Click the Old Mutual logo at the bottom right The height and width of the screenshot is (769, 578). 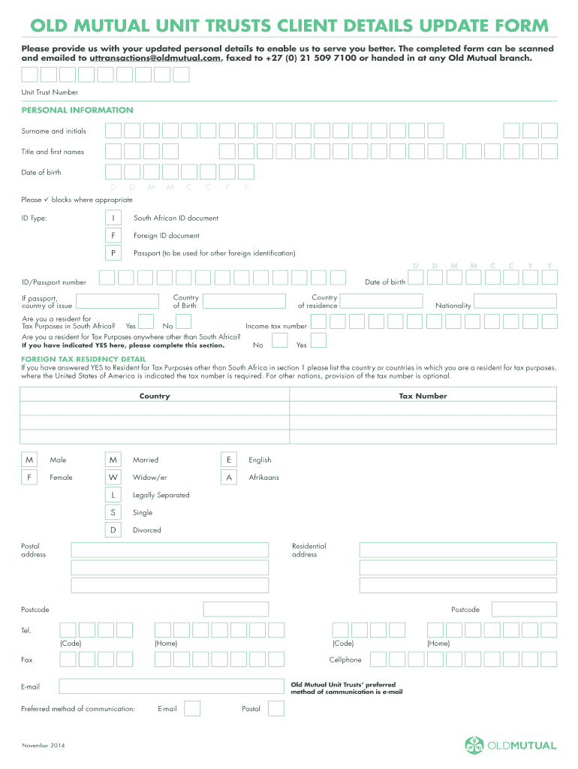510,745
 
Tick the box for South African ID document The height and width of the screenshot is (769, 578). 114,218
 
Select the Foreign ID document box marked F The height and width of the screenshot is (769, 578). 114,235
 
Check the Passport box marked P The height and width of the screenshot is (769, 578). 114,253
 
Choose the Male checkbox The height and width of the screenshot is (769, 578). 29,460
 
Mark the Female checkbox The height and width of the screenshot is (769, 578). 29,477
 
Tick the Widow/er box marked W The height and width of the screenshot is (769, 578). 113,477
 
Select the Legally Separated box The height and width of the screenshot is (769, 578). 113,495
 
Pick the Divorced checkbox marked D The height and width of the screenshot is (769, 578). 113,530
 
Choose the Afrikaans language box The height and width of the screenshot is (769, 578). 229,477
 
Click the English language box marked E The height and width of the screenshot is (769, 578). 229,460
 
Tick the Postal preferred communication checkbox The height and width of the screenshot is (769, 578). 276,708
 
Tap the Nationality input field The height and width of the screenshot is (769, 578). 516,301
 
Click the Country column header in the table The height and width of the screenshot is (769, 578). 155,396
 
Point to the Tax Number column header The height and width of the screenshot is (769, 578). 423,396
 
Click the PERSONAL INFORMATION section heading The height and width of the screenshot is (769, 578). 77,110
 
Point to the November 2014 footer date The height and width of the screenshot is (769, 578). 44,745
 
